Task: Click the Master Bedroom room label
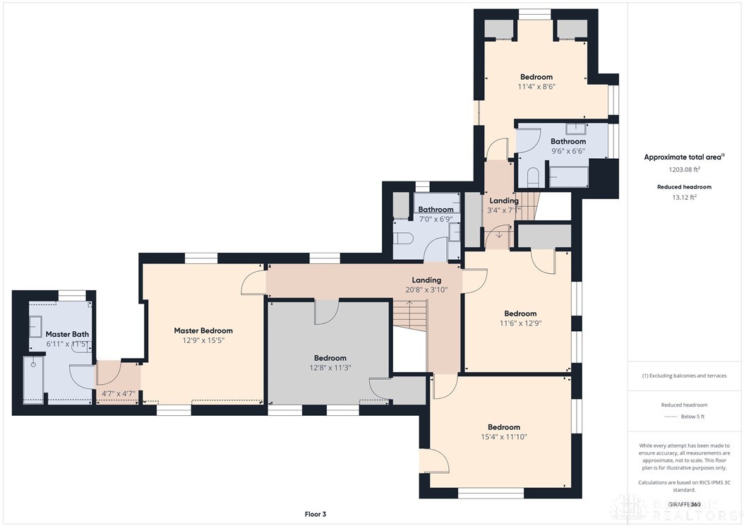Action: (x=203, y=330)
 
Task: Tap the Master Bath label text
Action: (x=67, y=334)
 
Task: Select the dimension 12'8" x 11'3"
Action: (x=330, y=367)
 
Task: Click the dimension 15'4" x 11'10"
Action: (x=504, y=437)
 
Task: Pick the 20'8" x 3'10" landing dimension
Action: (x=426, y=289)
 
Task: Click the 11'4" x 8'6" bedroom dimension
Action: (x=536, y=87)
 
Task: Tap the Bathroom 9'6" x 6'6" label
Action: (x=568, y=141)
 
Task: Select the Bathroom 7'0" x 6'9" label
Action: (x=436, y=210)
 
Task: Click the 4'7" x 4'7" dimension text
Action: (x=118, y=394)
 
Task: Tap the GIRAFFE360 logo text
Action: (x=684, y=505)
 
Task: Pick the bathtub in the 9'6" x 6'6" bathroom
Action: (x=569, y=176)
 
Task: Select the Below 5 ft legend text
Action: (x=692, y=417)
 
